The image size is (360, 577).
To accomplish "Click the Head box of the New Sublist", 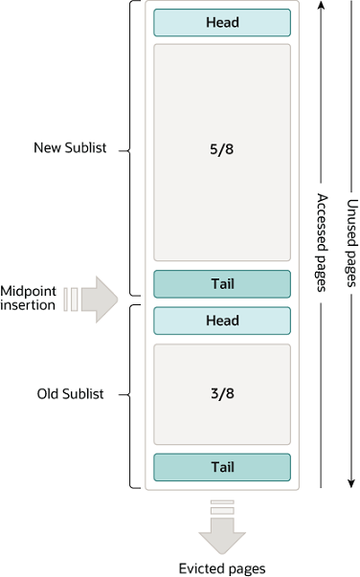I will tap(221, 23).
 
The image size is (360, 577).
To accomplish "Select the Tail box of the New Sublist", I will tap(221, 284).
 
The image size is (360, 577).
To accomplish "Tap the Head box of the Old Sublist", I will tap(221, 322).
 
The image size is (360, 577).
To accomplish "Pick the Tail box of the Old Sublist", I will tap(221, 467).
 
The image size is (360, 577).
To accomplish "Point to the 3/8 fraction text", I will tap(221, 394).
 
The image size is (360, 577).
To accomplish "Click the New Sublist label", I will tap(69, 148).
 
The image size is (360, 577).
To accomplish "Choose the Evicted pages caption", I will tap(221, 567).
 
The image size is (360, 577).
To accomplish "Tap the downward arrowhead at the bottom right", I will tap(351, 481).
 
